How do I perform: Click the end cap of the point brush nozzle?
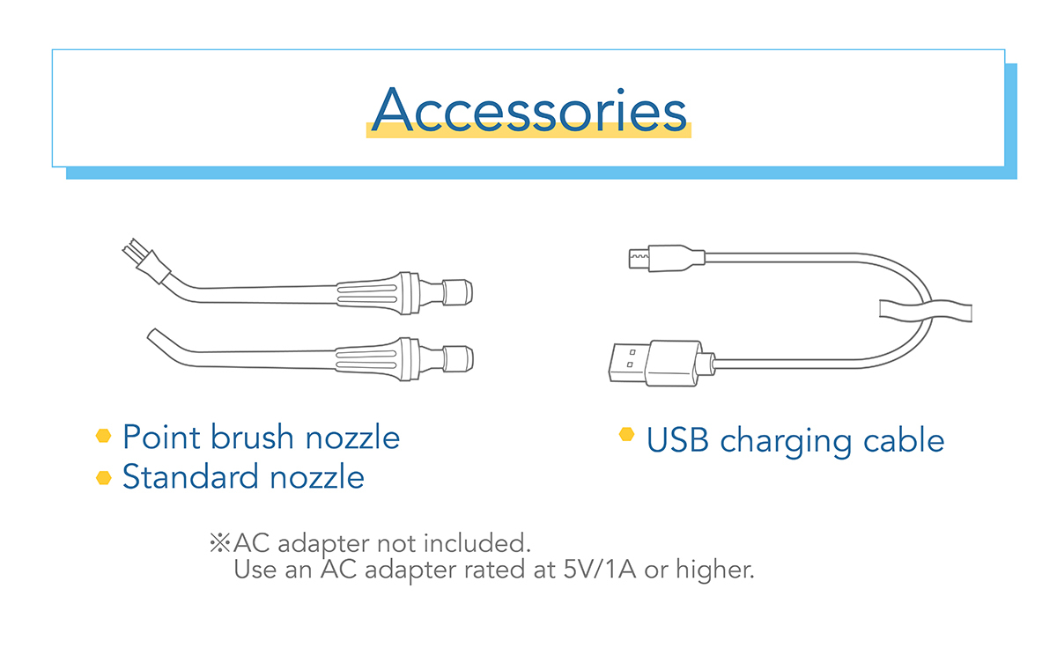[x=457, y=292]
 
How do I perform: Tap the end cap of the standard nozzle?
[x=458, y=358]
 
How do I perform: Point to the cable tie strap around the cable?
[x=925, y=312]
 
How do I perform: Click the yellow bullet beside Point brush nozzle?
[x=103, y=435]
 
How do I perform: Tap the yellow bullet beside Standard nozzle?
[x=103, y=478]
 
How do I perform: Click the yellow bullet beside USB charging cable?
[x=626, y=434]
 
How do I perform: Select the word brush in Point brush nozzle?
[x=252, y=437]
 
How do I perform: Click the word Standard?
[x=190, y=476]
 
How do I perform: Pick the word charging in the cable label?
[x=786, y=441]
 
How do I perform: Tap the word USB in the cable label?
[x=677, y=440]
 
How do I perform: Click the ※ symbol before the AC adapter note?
[x=220, y=543]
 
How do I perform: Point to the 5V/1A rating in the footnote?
[x=600, y=570]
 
